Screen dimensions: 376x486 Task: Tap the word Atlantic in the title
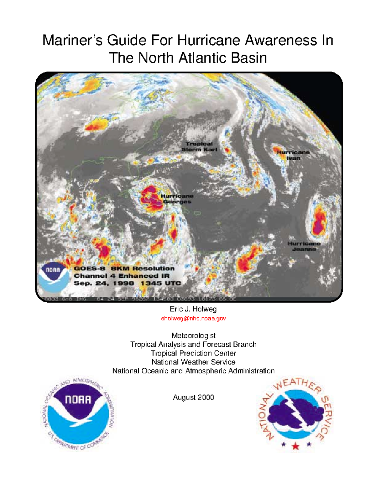[x=201, y=58]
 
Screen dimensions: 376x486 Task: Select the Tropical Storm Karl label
[x=199, y=146]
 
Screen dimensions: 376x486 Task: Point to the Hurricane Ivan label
[x=293, y=155]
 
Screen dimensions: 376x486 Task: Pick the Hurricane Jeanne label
[x=304, y=246]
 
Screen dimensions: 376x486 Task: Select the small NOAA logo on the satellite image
[x=53, y=277]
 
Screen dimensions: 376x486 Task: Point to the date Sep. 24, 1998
[x=104, y=283]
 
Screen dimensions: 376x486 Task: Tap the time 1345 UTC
[x=161, y=283]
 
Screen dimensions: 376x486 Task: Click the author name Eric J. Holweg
[x=193, y=309]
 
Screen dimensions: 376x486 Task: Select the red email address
[x=193, y=318]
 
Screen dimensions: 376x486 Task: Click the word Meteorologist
[x=193, y=335]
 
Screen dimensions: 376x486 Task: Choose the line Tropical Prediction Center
[x=193, y=353]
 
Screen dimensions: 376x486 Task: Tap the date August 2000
[x=193, y=397]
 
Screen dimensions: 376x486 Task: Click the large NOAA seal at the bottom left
[x=78, y=413]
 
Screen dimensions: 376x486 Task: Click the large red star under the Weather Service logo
[x=295, y=446]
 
